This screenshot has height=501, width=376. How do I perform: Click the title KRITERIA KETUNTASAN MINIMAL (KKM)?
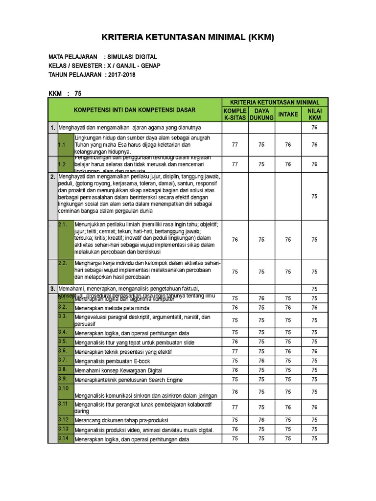tap(188, 38)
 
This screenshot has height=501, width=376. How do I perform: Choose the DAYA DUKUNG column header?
tap(261, 114)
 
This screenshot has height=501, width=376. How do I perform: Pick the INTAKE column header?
tap(288, 114)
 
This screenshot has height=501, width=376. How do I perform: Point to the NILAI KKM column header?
tap(314, 114)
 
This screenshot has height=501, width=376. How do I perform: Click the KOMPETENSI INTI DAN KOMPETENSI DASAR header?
tap(135, 110)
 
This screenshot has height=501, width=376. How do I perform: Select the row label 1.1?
tap(62, 145)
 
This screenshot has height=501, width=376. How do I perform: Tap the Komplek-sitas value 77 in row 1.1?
tap(235, 145)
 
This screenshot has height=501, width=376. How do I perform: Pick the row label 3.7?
tap(62, 360)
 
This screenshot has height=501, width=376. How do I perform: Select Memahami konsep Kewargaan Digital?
tap(118, 370)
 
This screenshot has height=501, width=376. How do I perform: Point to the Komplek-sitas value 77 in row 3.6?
tap(235, 352)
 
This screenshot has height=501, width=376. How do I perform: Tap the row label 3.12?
tap(63, 419)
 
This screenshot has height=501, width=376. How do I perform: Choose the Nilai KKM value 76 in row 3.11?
tap(314, 407)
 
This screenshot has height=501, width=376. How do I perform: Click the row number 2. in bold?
tap(52, 177)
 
